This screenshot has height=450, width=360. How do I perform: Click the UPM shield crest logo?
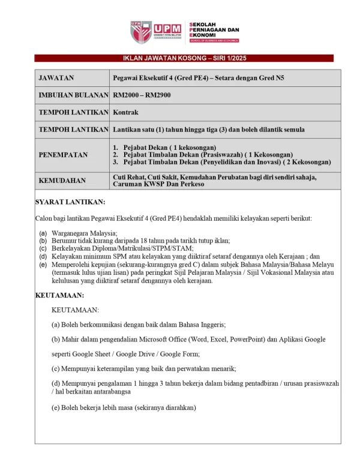139,32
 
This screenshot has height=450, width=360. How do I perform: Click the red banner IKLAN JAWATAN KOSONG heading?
184,58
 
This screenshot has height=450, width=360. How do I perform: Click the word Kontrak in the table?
126,112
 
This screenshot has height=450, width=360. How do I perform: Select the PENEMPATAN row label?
63,155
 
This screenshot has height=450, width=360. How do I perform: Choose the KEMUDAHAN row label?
62,181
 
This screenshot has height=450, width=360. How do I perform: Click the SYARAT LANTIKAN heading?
70,202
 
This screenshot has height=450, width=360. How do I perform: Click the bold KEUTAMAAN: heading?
59,295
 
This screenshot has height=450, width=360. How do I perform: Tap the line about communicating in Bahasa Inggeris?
139,325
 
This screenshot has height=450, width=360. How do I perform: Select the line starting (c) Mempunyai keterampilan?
144,368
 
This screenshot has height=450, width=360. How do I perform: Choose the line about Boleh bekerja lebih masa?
124,407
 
